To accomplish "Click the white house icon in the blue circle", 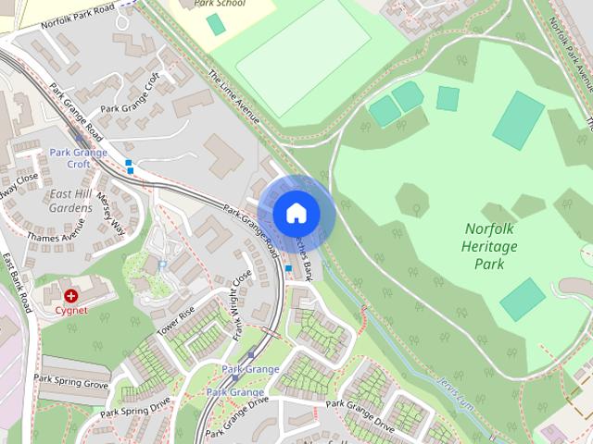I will (296, 213).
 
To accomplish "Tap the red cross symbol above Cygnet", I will (70, 295).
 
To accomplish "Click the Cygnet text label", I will (70, 310).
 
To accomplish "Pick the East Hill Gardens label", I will (70, 201).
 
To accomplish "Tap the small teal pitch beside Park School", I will (216, 24).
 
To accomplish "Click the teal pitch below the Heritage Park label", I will (523, 299).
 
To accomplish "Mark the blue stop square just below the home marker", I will (288, 268).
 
